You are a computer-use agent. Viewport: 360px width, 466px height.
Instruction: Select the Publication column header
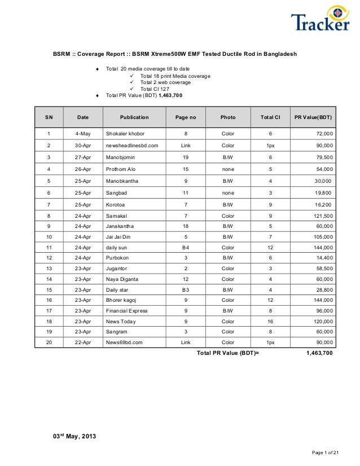[134, 117]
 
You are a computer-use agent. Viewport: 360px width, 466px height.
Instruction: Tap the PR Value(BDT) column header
[314, 117]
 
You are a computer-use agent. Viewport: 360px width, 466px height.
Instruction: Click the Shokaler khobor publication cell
[125, 134]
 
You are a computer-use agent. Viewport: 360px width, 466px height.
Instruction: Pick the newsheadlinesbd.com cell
[131, 146]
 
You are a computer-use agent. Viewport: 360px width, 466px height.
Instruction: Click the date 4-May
[83, 134]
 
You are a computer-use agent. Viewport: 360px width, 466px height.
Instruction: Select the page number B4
[185, 248]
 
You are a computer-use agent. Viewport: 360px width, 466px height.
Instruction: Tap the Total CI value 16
[270, 321]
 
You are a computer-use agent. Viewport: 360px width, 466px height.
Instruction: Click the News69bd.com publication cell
[124, 342]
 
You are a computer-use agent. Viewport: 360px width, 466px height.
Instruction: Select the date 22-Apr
[83, 342]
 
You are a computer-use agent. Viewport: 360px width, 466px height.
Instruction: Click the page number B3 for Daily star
[185, 289]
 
